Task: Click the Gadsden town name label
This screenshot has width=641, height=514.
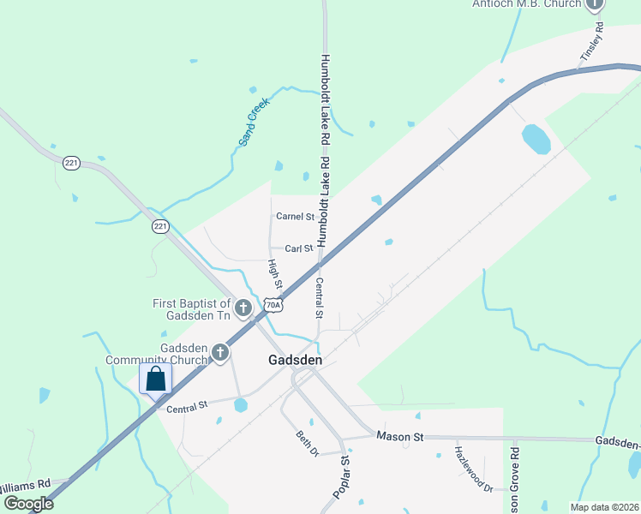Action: point(295,361)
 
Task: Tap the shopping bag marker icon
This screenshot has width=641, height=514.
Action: point(155,378)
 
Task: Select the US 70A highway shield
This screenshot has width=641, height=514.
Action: point(273,305)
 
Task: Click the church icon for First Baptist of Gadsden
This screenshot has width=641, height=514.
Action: point(243,308)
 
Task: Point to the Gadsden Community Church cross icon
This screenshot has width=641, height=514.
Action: point(220,352)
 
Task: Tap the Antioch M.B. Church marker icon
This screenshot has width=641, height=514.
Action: point(595,4)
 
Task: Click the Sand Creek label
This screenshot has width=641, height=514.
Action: point(254,121)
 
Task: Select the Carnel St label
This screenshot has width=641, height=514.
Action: point(295,217)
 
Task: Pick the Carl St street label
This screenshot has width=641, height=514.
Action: point(299,248)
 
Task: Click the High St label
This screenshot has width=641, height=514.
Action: point(275,273)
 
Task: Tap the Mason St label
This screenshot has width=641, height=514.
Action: point(400,437)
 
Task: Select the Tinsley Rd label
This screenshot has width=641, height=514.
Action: point(592,41)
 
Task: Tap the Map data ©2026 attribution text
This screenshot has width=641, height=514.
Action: point(604,507)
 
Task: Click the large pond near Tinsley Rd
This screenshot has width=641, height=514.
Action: point(536,139)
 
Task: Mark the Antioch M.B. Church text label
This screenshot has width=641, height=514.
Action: point(526,4)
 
